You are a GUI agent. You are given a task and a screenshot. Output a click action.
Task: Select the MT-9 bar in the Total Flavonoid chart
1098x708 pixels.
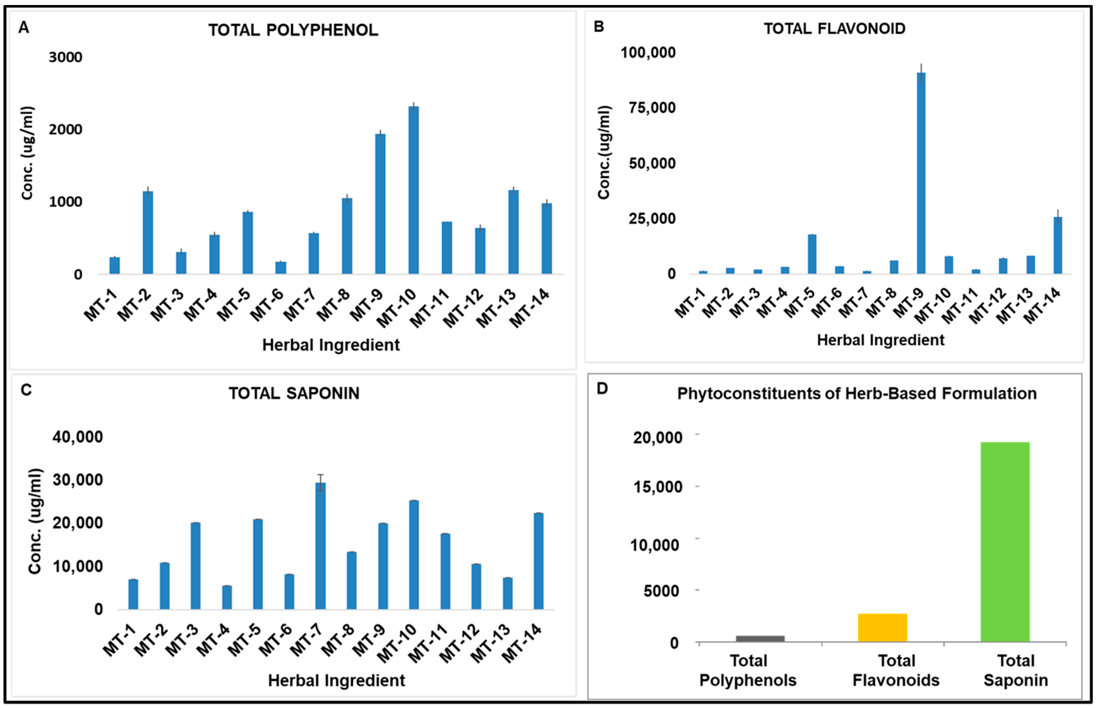click(x=921, y=174)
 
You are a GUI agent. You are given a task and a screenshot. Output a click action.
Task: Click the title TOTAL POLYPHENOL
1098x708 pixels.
click(x=293, y=30)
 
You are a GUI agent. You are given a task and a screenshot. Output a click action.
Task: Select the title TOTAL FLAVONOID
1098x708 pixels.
click(x=834, y=29)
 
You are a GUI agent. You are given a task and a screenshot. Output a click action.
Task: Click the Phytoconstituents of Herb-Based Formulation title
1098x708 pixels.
click(x=857, y=394)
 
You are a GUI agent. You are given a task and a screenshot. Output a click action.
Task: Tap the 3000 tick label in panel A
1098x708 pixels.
click(x=65, y=57)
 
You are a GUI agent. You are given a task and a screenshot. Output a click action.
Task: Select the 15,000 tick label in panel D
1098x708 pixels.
click(x=658, y=487)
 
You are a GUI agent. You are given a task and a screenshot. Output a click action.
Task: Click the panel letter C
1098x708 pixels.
click(x=26, y=390)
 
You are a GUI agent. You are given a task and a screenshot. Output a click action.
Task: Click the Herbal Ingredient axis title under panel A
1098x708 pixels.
click(x=331, y=345)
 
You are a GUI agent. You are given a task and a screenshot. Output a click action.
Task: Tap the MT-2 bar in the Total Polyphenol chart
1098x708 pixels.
click(x=147, y=233)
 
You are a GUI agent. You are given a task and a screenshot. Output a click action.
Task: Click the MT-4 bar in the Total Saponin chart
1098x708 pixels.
click(x=227, y=597)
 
